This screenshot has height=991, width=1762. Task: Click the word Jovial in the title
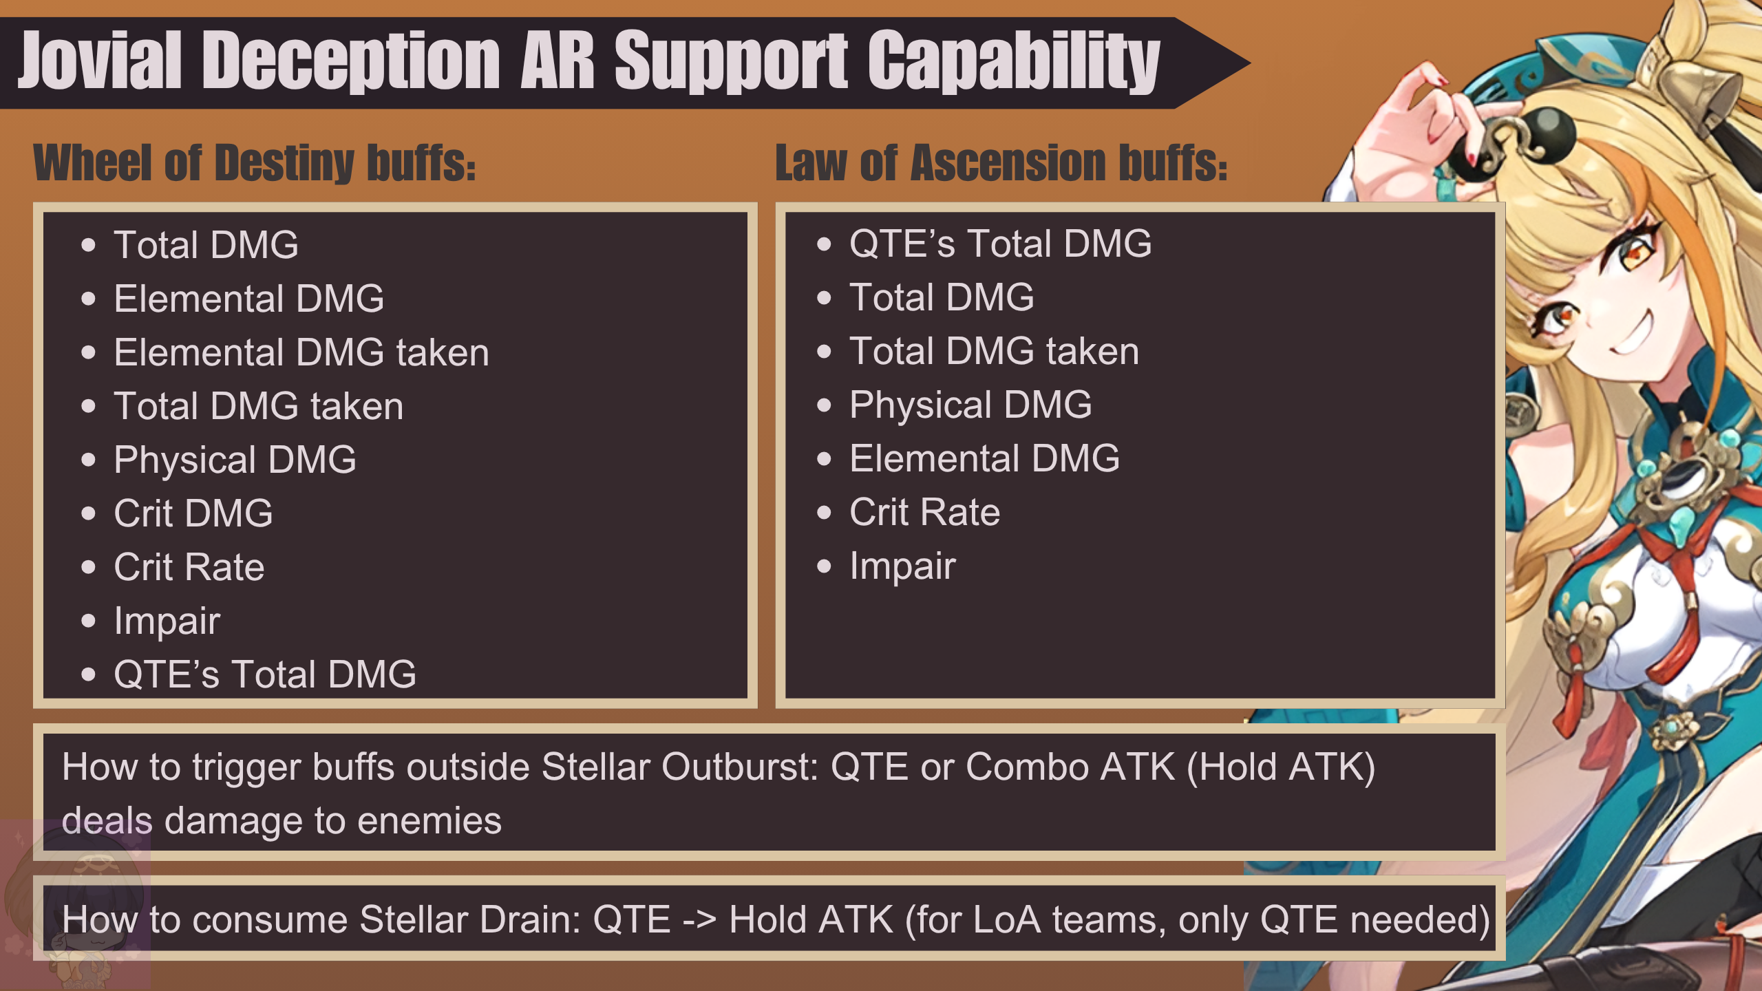click(x=100, y=61)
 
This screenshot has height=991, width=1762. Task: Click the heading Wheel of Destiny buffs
click(x=255, y=163)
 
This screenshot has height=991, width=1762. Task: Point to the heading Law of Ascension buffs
click(x=1001, y=163)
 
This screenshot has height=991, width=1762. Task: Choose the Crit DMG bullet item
click(x=193, y=513)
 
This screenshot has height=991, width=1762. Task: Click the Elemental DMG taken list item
click(x=301, y=352)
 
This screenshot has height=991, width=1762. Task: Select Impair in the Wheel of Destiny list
click(x=167, y=621)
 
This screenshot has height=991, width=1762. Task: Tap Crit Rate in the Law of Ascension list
click(x=924, y=512)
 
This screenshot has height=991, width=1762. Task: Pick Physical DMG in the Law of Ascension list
click(x=970, y=405)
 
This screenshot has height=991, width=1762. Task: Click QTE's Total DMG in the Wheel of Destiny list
click(x=265, y=674)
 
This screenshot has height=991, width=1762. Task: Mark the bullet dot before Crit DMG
click(x=88, y=513)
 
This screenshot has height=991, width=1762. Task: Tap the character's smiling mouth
click(x=1633, y=332)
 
